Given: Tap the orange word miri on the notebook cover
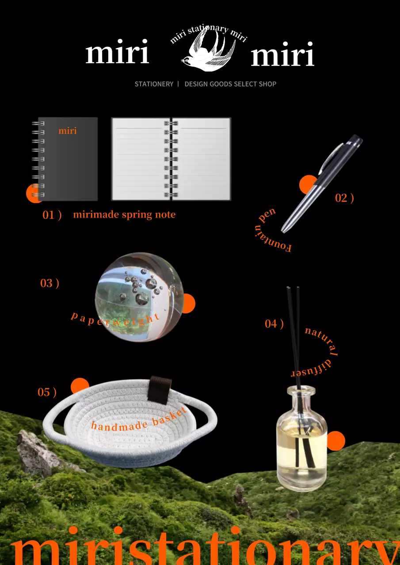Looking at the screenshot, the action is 68,131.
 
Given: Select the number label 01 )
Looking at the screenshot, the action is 52,215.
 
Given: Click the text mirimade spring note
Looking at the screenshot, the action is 124,215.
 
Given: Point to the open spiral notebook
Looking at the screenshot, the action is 171,159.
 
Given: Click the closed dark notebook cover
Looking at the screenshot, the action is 68,159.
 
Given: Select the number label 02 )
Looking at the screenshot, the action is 344,198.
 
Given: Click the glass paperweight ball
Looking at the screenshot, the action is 139,297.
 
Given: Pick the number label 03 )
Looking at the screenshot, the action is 50,283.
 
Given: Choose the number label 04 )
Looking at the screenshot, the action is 274,324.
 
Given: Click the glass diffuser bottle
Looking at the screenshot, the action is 302,438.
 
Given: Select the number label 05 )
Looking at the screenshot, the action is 47,392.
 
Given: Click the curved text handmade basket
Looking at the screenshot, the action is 139,420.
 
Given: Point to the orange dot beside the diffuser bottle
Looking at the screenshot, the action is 336,441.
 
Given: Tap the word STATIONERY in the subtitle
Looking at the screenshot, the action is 154,84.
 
